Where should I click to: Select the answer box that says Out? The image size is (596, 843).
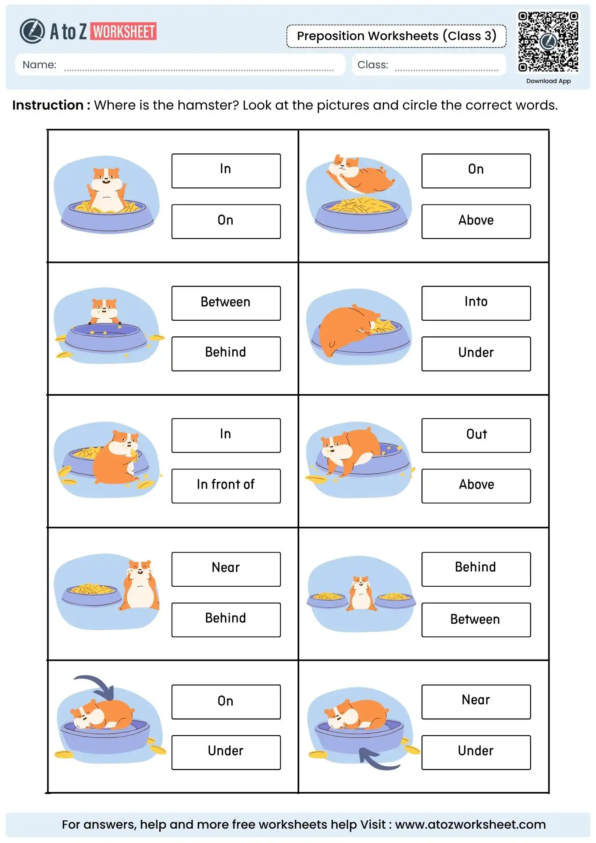click(x=476, y=435)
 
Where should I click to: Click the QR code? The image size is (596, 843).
click(x=548, y=41)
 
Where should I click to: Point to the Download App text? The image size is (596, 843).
click(x=548, y=81)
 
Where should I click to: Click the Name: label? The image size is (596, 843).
click(x=39, y=65)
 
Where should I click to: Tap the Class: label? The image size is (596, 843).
click(x=373, y=65)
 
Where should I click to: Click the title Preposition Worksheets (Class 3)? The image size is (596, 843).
click(x=396, y=36)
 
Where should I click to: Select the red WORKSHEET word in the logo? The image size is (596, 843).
click(x=124, y=32)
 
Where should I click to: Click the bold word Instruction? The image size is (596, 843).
click(x=48, y=105)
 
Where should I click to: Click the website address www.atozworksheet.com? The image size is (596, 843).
click(x=470, y=824)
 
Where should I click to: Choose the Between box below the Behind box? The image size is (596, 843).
click(x=476, y=620)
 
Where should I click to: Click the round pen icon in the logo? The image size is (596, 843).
click(x=32, y=31)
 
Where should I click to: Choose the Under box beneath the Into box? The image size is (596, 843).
click(x=476, y=353)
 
